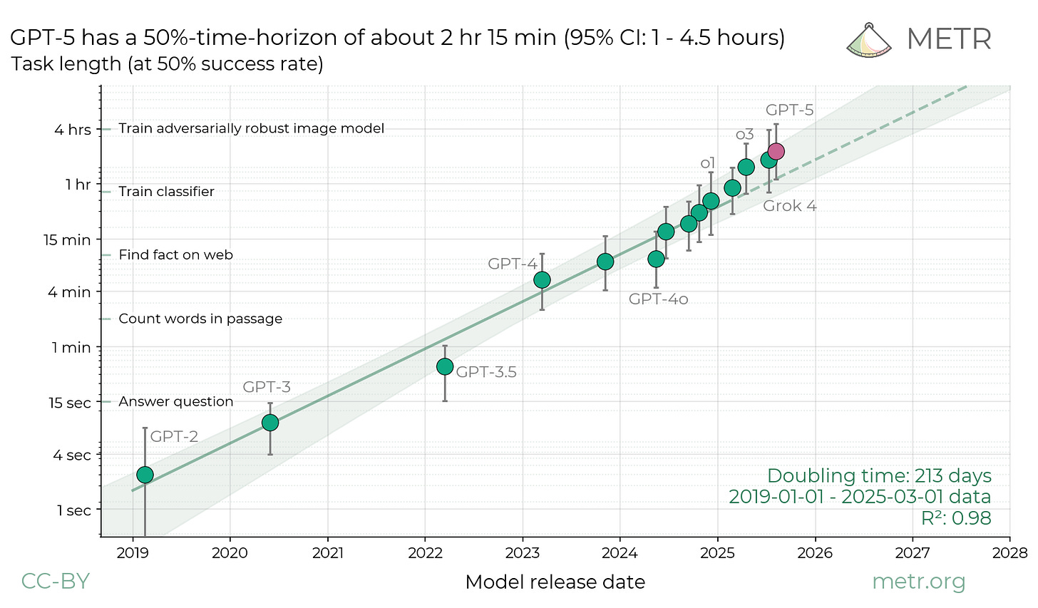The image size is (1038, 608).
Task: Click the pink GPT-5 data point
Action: [776, 151]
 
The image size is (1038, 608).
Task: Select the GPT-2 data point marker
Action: [145, 475]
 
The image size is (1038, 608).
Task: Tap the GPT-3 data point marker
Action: [269, 423]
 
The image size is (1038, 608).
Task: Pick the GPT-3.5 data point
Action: [445, 366]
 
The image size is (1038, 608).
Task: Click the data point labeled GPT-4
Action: [542, 279]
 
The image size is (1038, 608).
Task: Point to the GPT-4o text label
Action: [658, 299]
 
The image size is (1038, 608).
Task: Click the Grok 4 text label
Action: [789, 206]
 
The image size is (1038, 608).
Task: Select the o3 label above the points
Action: [744, 135]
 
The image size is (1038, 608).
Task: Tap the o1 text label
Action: [707, 163]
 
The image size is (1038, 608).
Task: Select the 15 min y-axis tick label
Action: [67, 240]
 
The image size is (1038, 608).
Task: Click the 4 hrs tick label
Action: [74, 130]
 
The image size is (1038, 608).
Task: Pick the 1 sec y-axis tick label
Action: [73, 510]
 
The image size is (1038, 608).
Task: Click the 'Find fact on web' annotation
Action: [175, 255]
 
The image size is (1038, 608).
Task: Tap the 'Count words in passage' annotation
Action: [200, 319]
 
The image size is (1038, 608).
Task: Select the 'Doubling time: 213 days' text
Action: [878, 475]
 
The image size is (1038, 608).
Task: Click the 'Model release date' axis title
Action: [555, 582]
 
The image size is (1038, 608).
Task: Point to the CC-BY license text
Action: [56, 582]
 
